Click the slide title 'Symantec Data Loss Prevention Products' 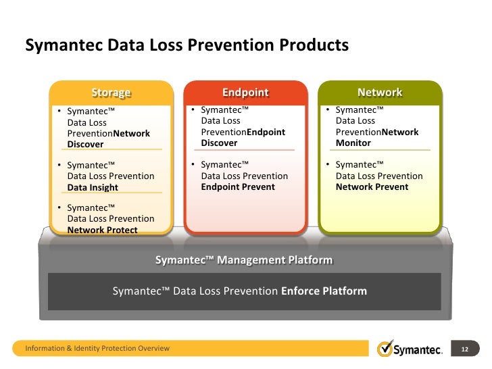pos(187,46)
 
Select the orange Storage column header pos(112,93)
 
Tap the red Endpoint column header pos(245,93)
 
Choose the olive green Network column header pos(380,93)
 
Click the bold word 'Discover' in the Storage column pos(85,144)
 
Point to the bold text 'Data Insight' pos(93,187)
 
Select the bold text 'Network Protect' pos(102,230)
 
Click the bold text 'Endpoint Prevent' pos(238,187)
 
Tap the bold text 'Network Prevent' pos(372,187)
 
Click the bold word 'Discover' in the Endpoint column pos(219,143)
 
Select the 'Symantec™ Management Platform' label pos(244,260)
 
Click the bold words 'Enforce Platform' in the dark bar pos(324,291)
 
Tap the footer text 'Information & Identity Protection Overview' pos(97,349)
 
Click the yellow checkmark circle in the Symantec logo pos(385,348)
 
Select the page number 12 pos(464,349)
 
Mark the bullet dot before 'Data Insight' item pos(59,166)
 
